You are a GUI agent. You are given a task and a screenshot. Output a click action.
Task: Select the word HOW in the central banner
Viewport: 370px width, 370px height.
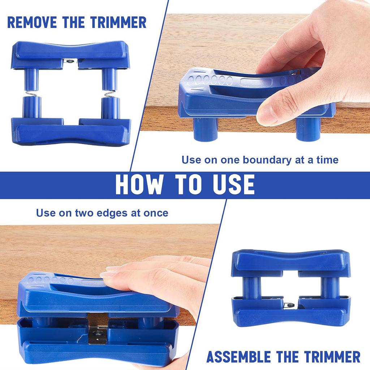tap(139, 184)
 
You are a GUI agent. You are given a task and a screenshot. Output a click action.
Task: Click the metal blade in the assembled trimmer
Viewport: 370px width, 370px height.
tap(290, 305)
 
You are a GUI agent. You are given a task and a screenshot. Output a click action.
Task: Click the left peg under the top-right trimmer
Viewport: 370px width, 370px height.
tap(205, 129)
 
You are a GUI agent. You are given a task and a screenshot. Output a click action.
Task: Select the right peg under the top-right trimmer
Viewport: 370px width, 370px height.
tap(307, 129)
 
